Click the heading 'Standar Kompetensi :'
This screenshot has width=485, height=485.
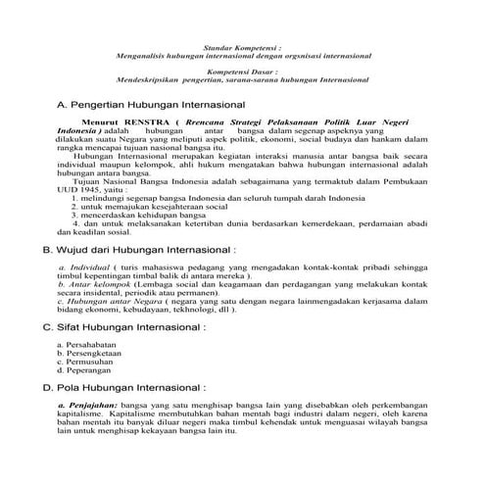point(242,46)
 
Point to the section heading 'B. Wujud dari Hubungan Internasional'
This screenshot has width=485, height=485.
point(145,251)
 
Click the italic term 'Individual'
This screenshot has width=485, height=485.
point(89,267)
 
